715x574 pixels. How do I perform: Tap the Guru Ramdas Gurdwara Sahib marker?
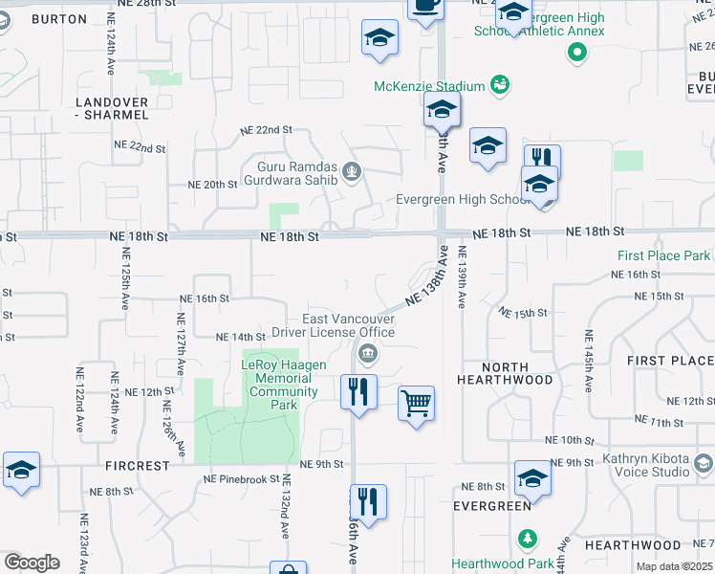click(x=353, y=172)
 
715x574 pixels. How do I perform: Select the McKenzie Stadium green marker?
click(x=498, y=86)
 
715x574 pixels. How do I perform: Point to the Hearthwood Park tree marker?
click(x=525, y=539)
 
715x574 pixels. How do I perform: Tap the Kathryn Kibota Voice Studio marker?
click(x=704, y=465)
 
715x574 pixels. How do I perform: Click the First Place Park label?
click(x=663, y=255)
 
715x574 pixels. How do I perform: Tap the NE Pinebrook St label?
click(x=240, y=479)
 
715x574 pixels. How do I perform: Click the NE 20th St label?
click(x=212, y=185)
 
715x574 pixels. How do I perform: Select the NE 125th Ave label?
click(x=125, y=278)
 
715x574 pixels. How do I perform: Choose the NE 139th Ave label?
click(x=462, y=277)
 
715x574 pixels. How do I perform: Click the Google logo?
click(x=32, y=563)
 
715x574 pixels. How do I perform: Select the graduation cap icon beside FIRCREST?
click(x=21, y=470)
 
